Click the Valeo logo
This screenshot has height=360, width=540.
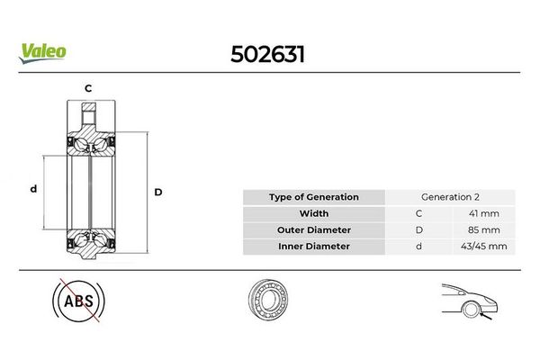click(42, 53)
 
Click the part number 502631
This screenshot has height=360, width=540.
click(267, 54)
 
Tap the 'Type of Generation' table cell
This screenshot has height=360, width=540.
click(314, 197)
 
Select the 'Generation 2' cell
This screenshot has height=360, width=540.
click(450, 197)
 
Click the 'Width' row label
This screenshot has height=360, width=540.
click(314, 213)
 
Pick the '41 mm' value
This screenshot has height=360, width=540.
click(484, 213)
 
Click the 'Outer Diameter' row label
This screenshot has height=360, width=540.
click(314, 229)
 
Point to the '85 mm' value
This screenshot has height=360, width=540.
click(484, 229)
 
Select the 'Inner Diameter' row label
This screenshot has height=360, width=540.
click(314, 247)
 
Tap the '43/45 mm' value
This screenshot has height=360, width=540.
click(484, 247)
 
